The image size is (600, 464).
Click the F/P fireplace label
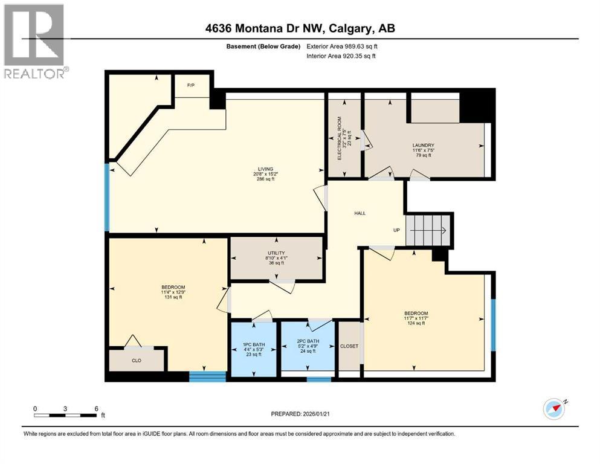189,85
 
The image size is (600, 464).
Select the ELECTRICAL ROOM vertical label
340,138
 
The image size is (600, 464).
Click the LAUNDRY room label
424,145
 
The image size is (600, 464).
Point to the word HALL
360,213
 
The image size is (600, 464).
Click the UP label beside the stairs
396,230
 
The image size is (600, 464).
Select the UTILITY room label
276,253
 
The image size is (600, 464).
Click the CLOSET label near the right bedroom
349,346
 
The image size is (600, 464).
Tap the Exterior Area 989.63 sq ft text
346,46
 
